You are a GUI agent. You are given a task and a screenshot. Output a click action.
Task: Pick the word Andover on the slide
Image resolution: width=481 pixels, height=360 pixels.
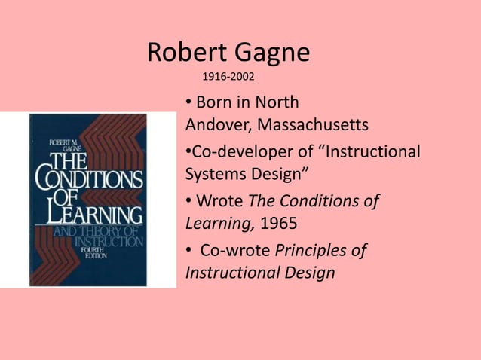[212, 123]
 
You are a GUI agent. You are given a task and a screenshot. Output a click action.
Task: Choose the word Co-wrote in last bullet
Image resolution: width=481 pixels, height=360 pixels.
[234, 251]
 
